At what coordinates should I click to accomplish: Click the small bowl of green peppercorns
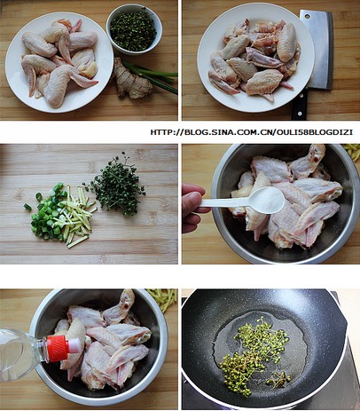click(134, 29)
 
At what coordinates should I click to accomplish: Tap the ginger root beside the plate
click(133, 79)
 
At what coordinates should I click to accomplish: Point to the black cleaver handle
click(299, 104)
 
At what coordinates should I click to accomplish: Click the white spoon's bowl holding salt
click(267, 200)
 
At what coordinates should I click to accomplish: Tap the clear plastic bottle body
click(20, 354)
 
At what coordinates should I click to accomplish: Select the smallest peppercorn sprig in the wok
click(278, 379)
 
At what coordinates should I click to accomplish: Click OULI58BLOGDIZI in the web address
click(315, 132)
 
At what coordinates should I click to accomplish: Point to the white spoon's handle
click(225, 202)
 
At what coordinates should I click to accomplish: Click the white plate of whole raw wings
click(59, 62)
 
